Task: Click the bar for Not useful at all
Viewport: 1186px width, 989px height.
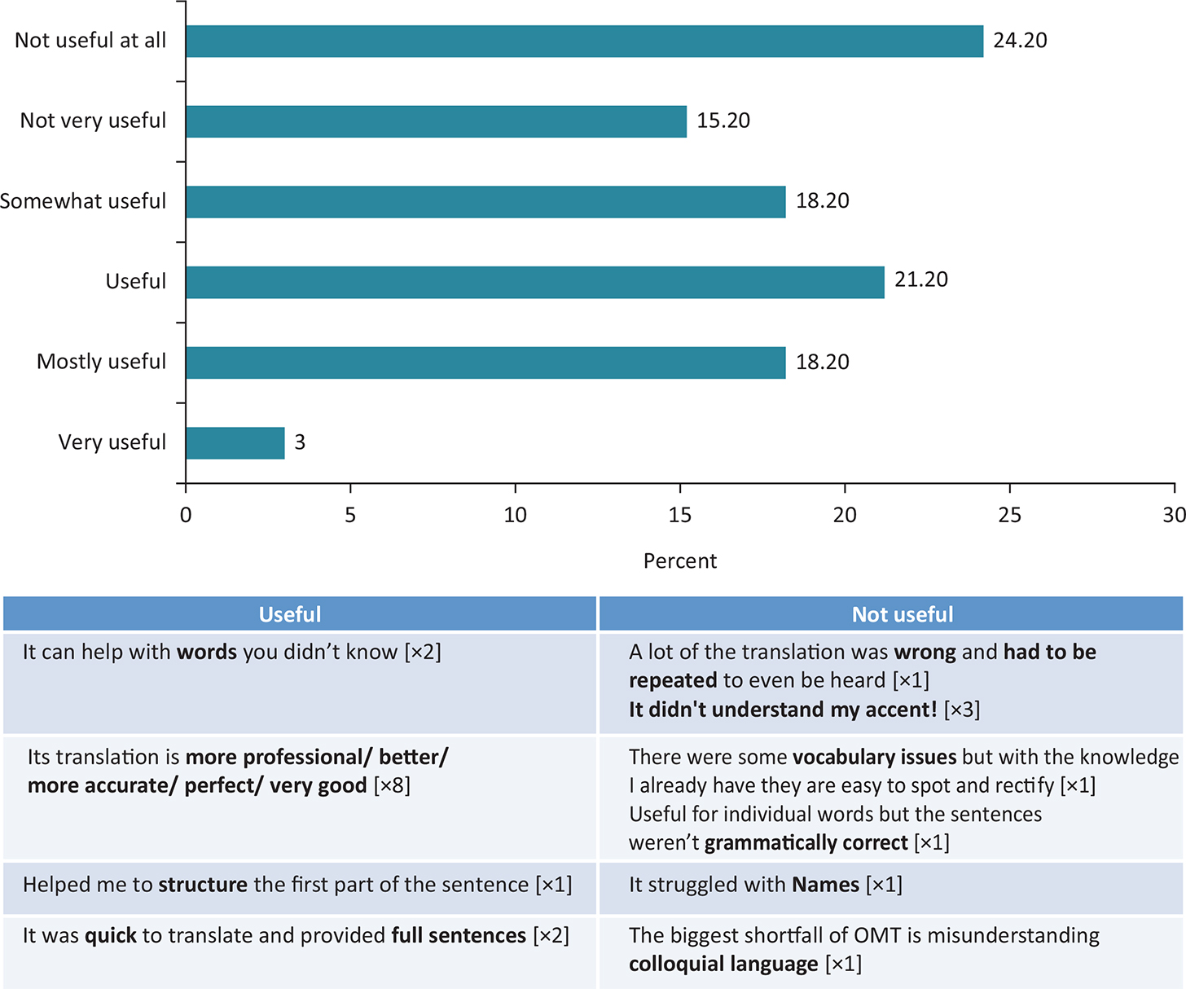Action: coord(584,41)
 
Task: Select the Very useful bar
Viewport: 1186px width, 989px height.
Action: coord(235,443)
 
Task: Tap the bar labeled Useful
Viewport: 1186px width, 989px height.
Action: coord(534,282)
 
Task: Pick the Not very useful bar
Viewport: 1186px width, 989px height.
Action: coord(436,121)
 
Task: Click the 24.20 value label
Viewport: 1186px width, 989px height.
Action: coord(1020,41)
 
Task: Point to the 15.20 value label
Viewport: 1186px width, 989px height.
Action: coord(723,121)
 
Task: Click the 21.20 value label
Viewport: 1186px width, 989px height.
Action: coord(921,279)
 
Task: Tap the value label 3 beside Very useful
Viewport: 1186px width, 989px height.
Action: coord(300,442)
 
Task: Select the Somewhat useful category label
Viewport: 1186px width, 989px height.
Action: coord(83,201)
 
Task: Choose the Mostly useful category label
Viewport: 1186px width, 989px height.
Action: coord(101,362)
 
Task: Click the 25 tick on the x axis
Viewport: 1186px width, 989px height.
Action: coord(1009,515)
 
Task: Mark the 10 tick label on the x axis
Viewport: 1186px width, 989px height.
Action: coord(515,515)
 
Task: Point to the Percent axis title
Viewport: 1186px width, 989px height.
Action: coord(680,561)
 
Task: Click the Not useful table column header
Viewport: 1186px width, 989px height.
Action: coord(903,614)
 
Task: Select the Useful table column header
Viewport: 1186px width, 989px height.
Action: coord(290,614)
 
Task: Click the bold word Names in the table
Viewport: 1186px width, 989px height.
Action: coord(825,885)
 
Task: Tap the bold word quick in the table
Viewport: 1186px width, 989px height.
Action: coord(110,935)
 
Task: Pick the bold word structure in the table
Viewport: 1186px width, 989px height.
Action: coord(203,885)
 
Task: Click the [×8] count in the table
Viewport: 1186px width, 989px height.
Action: coord(392,785)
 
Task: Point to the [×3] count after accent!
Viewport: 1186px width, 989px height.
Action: coord(962,710)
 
